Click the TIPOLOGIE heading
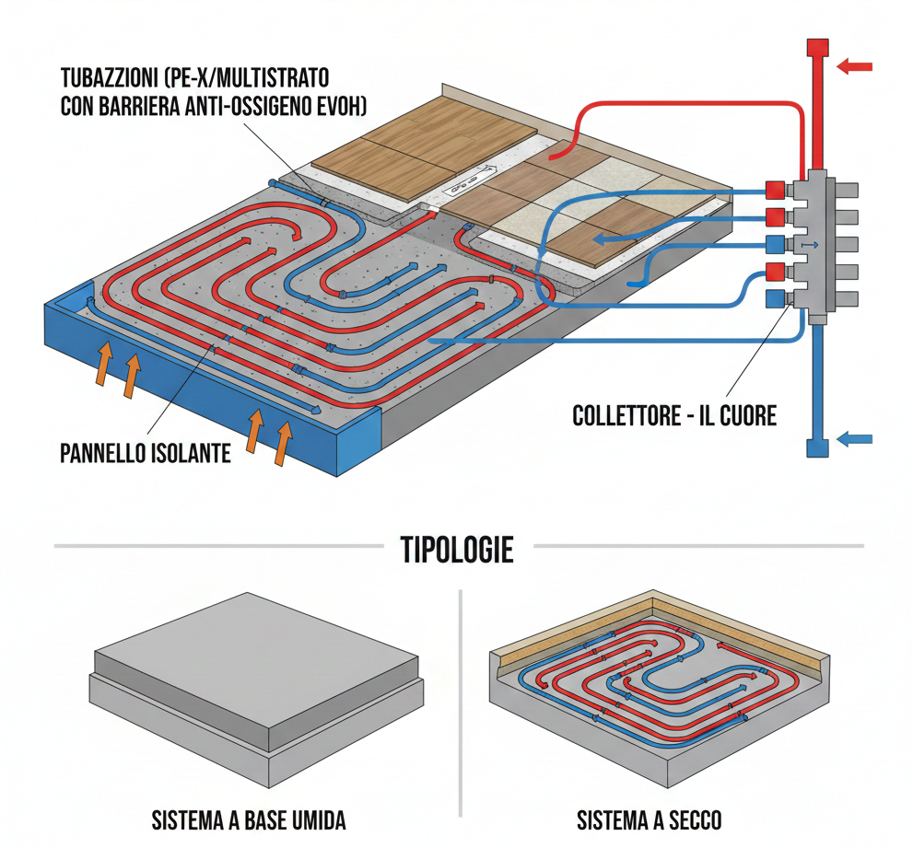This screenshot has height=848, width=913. tap(457, 550)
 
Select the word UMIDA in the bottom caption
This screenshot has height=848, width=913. tap(314, 820)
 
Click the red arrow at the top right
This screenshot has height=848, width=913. tap(854, 65)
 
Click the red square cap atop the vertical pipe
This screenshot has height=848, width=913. tap(816, 49)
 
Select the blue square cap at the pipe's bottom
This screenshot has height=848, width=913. tap(816, 448)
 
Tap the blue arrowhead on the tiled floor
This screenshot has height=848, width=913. tap(601, 240)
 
